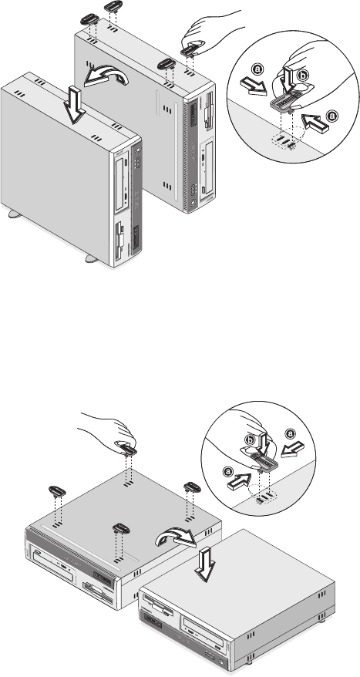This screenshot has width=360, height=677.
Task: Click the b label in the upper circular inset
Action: (303, 75)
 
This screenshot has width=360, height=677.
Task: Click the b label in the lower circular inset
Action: (250, 439)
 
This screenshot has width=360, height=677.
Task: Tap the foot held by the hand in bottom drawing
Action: (126, 450)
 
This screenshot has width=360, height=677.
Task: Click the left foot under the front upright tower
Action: (15, 214)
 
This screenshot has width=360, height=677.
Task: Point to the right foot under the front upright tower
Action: (92, 258)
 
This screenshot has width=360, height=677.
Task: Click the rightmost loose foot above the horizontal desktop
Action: (192, 487)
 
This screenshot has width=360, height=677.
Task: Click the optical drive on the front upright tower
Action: (124, 184)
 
